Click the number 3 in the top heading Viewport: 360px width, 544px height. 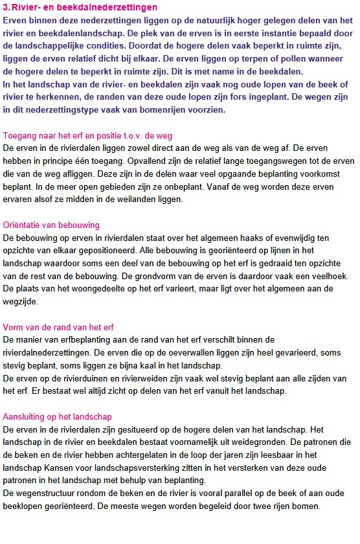pos(6,8)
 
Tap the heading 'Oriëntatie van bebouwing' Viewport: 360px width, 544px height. pos(52,225)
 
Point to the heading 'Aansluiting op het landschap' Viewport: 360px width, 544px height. pos(58,416)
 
